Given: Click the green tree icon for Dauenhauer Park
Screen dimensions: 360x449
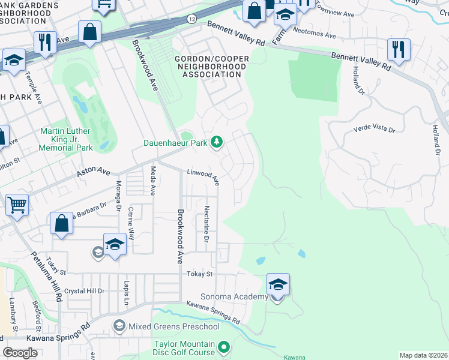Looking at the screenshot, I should (x=217, y=142).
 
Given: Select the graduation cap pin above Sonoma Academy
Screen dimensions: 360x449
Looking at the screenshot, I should (x=278, y=284).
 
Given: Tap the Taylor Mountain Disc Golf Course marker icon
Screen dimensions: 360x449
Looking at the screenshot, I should (x=224, y=347).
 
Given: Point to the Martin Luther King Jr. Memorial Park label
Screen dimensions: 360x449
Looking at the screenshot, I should (x=66, y=139).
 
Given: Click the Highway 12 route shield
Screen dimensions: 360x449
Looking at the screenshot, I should (x=191, y=19).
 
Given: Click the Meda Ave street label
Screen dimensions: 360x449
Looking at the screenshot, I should (x=153, y=181).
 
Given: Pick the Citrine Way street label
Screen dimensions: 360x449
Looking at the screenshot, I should (x=132, y=226).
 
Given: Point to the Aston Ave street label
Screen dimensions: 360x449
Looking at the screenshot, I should (x=94, y=173).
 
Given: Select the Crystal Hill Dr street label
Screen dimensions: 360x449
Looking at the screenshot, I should (x=85, y=291).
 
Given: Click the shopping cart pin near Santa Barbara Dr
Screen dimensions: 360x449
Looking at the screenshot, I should (x=17, y=205).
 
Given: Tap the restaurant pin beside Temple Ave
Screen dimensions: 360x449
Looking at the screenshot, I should (x=45, y=42).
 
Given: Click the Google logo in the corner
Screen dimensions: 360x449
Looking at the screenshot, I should (x=20, y=353).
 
